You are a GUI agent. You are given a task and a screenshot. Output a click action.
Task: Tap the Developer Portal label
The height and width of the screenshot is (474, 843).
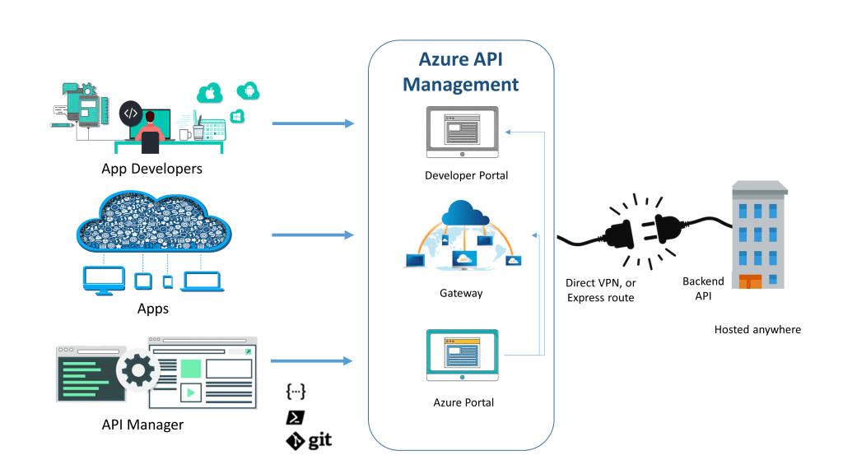[x=466, y=175]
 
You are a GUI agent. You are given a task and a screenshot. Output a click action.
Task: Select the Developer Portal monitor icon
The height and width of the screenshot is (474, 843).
[x=462, y=132]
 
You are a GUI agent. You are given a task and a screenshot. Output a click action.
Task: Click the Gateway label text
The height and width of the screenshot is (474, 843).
[x=461, y=293]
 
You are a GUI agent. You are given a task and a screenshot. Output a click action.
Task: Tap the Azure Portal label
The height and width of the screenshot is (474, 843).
[x=463, y=402]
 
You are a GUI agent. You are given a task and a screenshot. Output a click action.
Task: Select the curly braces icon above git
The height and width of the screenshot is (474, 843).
[x=296, y=391]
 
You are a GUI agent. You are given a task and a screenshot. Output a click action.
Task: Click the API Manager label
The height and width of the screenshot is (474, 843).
[x=142, y=425]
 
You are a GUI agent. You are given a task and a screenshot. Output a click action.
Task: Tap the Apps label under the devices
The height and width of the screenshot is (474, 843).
[x=153, y=309]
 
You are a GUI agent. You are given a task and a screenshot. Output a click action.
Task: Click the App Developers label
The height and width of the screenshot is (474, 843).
[x=151, y=169]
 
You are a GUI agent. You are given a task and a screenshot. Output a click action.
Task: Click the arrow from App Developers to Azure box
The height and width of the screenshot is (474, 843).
[x=313, y=124]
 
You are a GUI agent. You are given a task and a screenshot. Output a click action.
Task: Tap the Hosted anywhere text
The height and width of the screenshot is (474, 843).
[x=757, y=329]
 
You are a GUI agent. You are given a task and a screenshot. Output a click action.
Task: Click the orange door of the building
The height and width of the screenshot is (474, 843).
[x=751, y=281]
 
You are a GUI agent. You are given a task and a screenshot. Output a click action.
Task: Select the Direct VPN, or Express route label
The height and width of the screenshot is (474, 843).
[x=601, y=290]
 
